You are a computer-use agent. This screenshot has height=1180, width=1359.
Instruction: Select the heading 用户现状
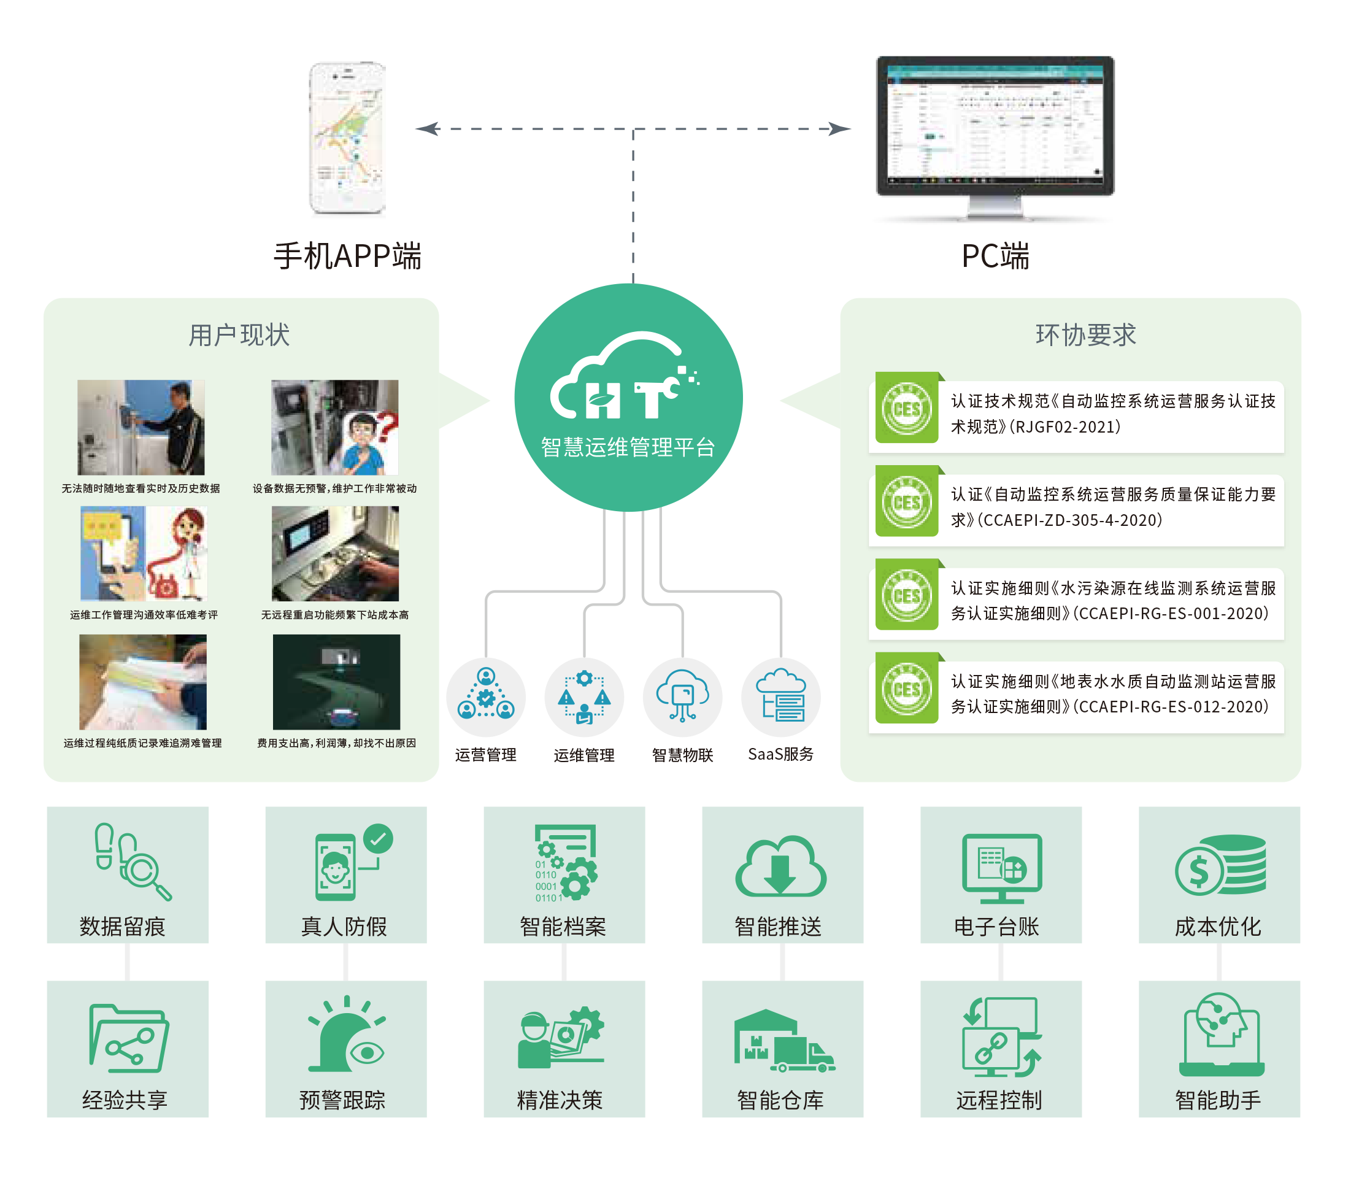point(239,335)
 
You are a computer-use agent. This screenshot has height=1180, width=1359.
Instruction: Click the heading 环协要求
point(1086,334)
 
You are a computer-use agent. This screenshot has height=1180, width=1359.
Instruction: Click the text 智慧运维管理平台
point(628,448)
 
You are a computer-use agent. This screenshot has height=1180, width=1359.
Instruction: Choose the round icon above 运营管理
point(486,697)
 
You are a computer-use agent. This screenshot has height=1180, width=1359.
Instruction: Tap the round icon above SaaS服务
point(781,696)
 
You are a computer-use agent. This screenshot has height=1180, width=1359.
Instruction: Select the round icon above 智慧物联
point(682,697)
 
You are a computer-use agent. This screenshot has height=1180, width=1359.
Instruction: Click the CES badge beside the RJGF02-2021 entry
point(907,408)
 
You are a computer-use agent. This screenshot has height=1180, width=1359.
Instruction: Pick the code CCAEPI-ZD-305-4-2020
point(1070,520)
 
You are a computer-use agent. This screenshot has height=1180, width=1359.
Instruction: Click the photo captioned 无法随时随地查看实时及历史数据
point(141,426)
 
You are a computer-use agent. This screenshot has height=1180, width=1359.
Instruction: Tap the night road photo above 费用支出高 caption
point(336,682)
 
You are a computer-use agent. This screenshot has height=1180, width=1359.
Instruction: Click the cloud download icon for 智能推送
point(781,866)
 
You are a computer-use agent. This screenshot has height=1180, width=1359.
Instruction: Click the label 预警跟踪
point(342,1100)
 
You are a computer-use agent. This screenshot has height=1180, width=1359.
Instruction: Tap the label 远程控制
point(999,1100)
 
